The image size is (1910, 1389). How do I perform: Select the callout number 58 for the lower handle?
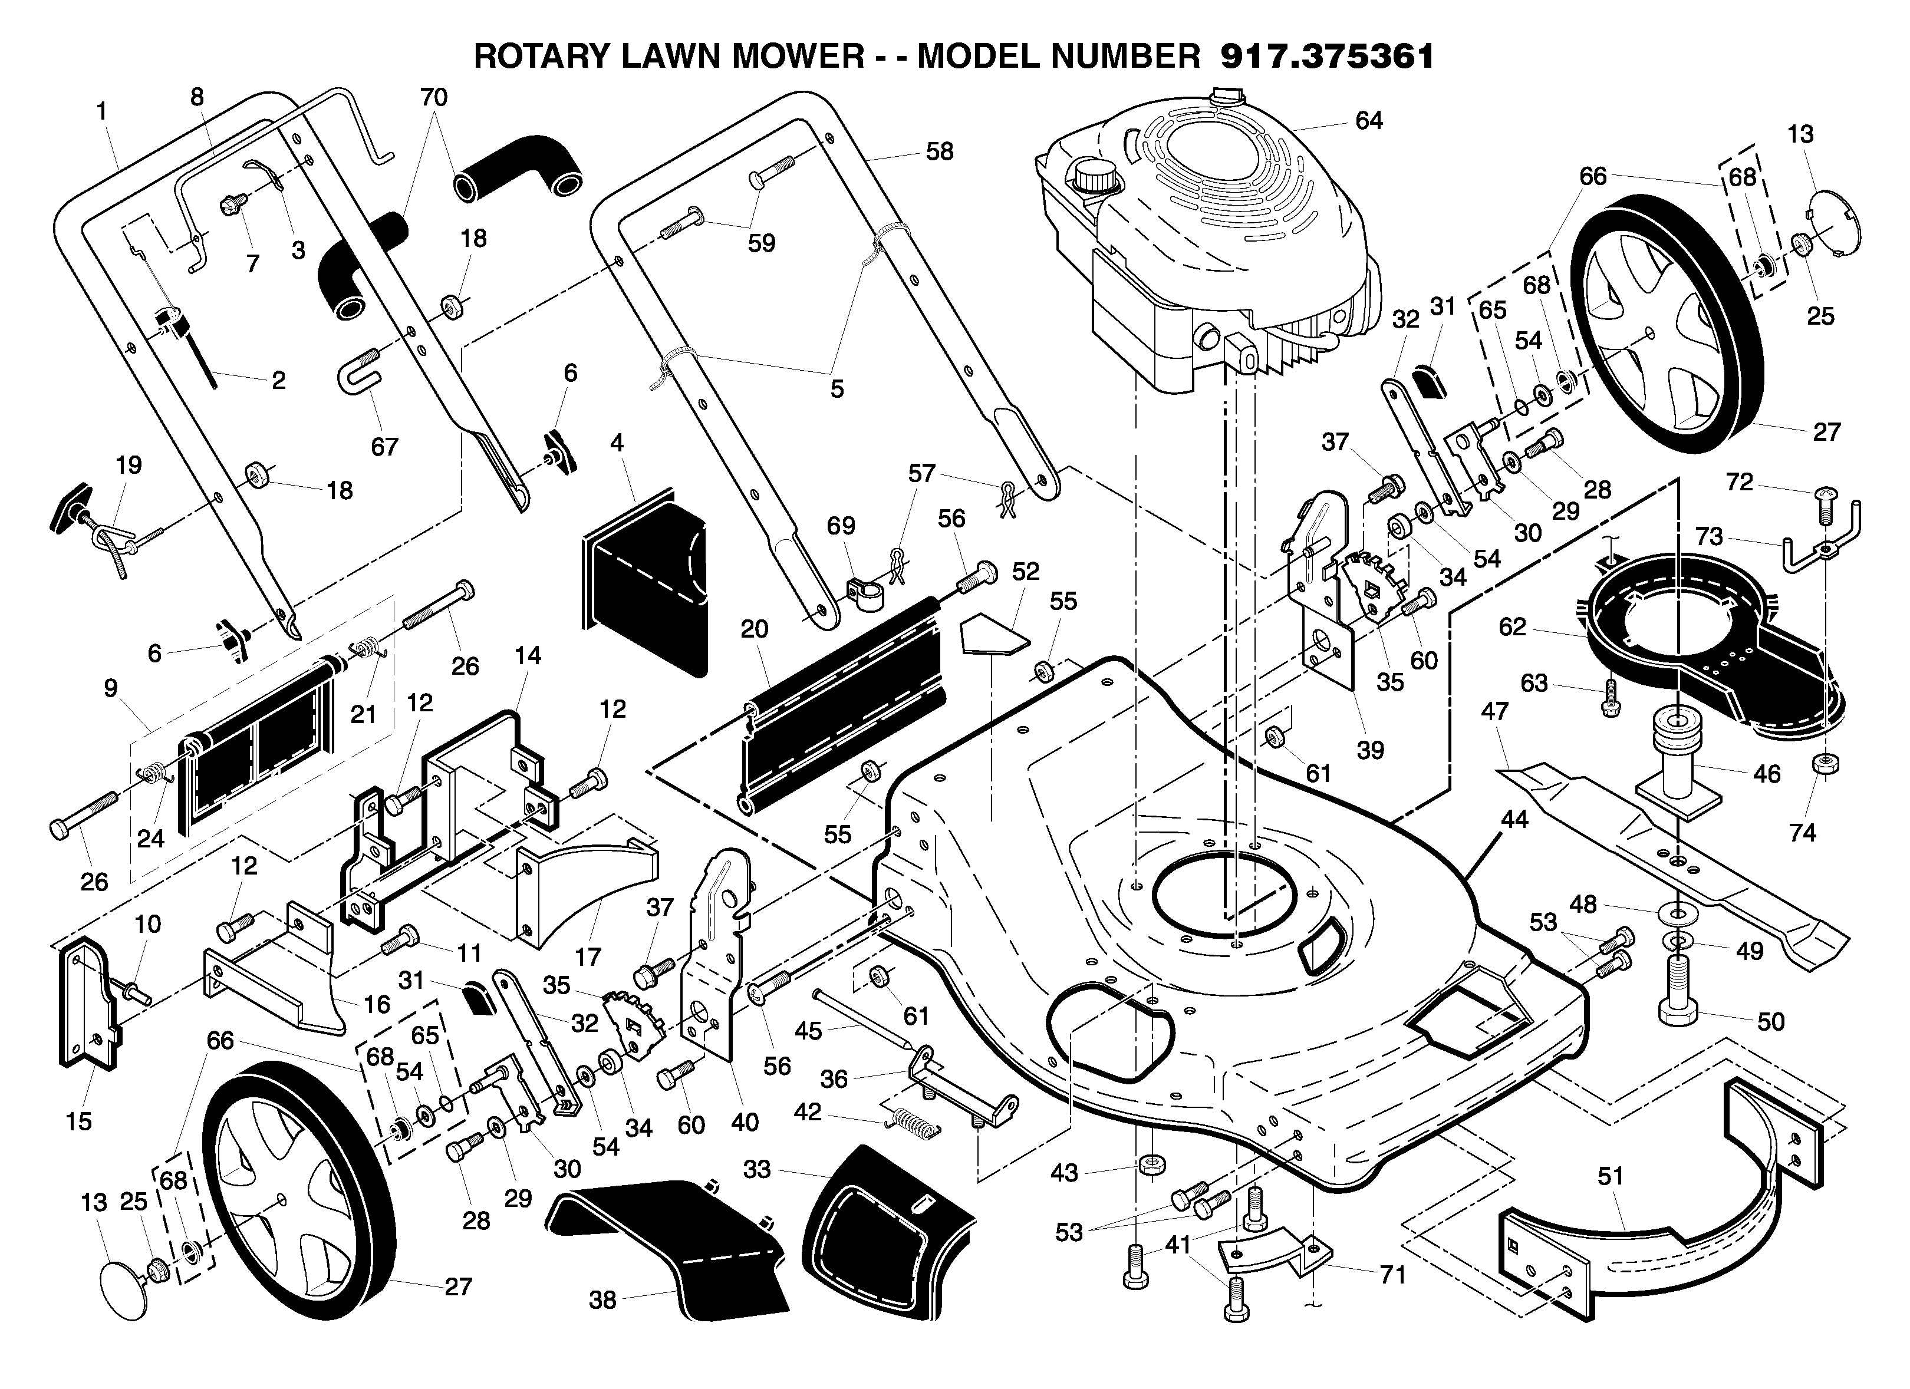pyautogui.click(x=939, y=151)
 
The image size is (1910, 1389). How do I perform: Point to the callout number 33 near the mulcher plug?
pyautogui.click(x=757, y=1169)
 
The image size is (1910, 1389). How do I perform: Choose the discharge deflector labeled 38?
pyautogui.click(x=670, y=1248)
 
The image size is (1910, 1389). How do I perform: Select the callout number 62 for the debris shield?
pyautogui.click(x=1513, y=627)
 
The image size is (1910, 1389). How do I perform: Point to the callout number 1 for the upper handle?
pyautogui.click(x=102, y=111)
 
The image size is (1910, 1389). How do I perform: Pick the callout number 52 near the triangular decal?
pyautogui.click(x=1025, y=572)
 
